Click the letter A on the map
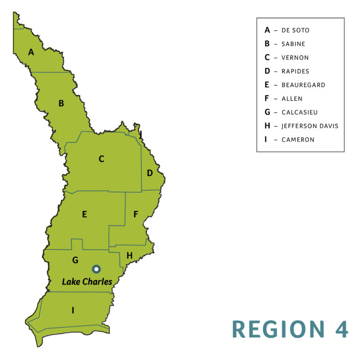[x=31, y=52]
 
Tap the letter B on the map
[x=61, y=103]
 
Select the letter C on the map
[x=101, y=159]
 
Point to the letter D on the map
[x=150, y=173]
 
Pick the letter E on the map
[x=84, y=214]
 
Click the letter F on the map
[x=135, y=214]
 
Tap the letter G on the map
[x=75, y=260]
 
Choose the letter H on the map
[x=129, y=255]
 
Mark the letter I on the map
[x=73, y=310]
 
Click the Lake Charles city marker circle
[x=96, y=269]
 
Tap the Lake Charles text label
[x=87, y=282]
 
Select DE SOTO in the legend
[x=295, y=30]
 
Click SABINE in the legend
[x=293, y=44]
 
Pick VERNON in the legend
[x=295, y=58]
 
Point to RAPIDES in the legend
[x=295, y=71]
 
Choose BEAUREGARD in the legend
[x=303, y=85]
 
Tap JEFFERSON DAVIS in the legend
[x=310, y=126]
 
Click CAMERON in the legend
[x=298, y=140]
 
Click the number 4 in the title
[x=341, y=329]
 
